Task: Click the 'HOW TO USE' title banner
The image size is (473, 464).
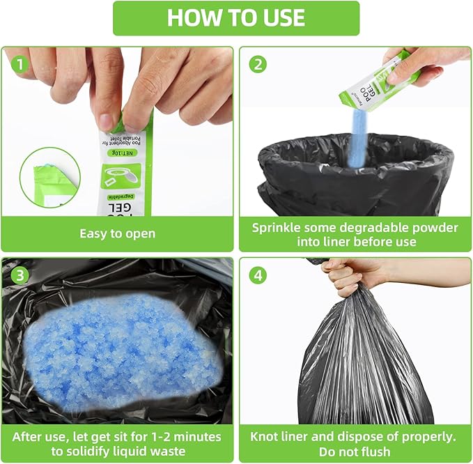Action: pos(236,18)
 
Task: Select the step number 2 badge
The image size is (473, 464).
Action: pos(258,65)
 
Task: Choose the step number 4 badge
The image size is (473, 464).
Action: pos(258,274)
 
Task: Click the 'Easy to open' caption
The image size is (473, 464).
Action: pos(117,234)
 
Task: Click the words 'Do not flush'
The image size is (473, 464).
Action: pos(355,451)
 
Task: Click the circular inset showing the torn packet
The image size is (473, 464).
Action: pos(50,177)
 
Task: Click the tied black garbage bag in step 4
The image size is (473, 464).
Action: pos(362,362)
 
